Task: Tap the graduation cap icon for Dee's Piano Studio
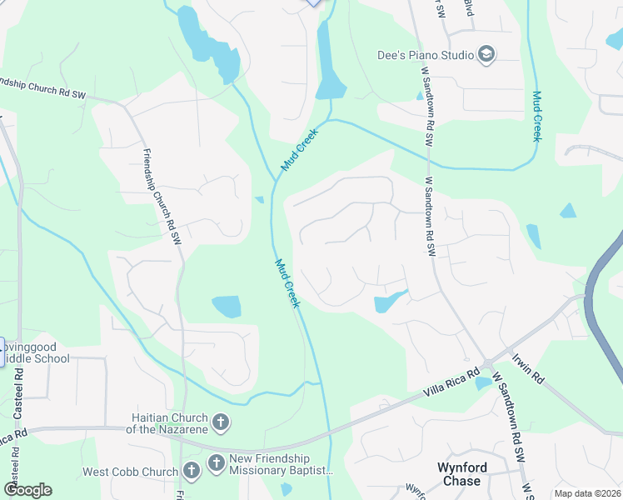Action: (486, 55)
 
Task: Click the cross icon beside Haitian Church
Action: (222, 422)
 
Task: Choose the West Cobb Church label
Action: (130, 472)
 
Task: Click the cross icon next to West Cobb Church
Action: (191, 472)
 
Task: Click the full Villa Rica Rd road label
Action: (452, 382)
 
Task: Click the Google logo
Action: (27, 490)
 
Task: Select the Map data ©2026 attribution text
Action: (587, 493)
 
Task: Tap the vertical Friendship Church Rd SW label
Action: (162, 197)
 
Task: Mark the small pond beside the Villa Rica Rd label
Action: (482, 383)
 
